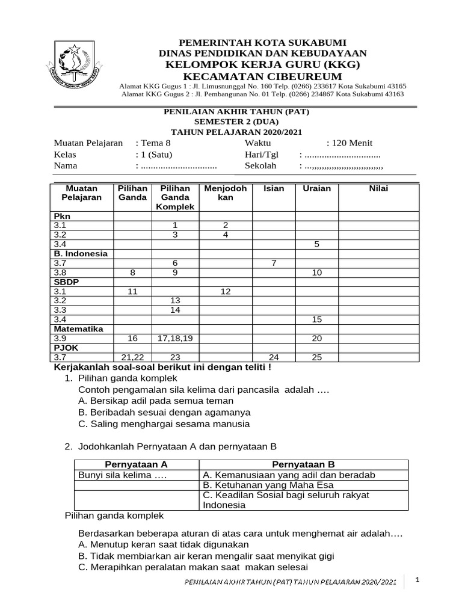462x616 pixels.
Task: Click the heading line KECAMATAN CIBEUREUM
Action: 262,76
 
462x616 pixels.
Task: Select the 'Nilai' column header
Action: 379,189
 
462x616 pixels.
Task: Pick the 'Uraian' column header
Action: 317,189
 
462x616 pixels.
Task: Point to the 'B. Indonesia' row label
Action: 81,253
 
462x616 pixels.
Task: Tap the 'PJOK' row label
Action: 64,348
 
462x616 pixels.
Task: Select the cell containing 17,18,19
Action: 176,339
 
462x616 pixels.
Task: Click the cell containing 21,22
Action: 133,357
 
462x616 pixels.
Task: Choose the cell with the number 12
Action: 226,291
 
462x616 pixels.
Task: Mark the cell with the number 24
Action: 274,357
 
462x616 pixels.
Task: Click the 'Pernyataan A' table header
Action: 136,464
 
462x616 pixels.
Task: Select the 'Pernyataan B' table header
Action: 303,464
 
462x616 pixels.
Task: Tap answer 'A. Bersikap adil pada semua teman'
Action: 156,401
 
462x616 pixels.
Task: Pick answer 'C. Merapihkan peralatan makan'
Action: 193,567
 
